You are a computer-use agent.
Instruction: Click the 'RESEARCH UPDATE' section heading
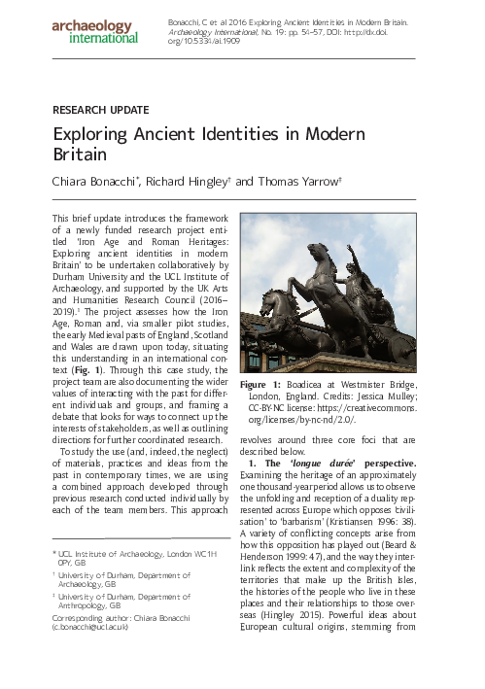[x=101, y=110]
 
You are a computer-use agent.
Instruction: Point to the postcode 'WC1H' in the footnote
[x=215, y=552]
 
